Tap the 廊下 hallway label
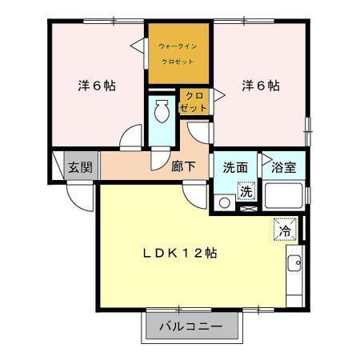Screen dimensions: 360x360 point(183,168)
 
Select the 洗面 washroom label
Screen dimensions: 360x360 point(234,168)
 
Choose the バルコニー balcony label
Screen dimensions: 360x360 point(191,326)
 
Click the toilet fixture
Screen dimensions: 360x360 point(162,111)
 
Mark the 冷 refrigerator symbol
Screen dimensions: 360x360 point(284,230)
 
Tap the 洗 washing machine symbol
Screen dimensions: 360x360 point(248,192)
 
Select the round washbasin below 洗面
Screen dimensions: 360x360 point(224,203)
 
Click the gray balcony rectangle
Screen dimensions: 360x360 point(191,326)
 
